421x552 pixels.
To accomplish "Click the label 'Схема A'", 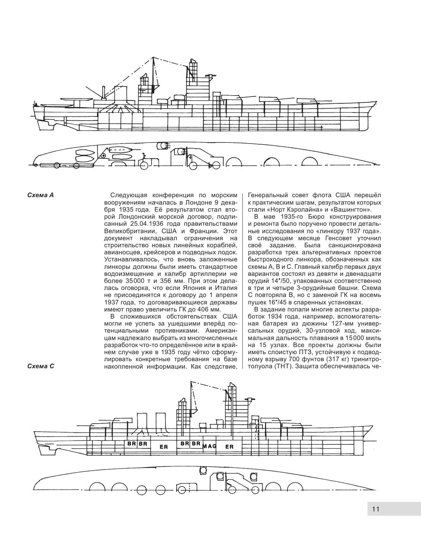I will [x=40, y=195].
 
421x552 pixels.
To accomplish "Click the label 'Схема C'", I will [x=40, y=366].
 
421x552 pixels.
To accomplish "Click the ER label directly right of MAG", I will [x=229, y=447].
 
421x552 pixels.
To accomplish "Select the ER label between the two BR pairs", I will [x=163, y=447].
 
